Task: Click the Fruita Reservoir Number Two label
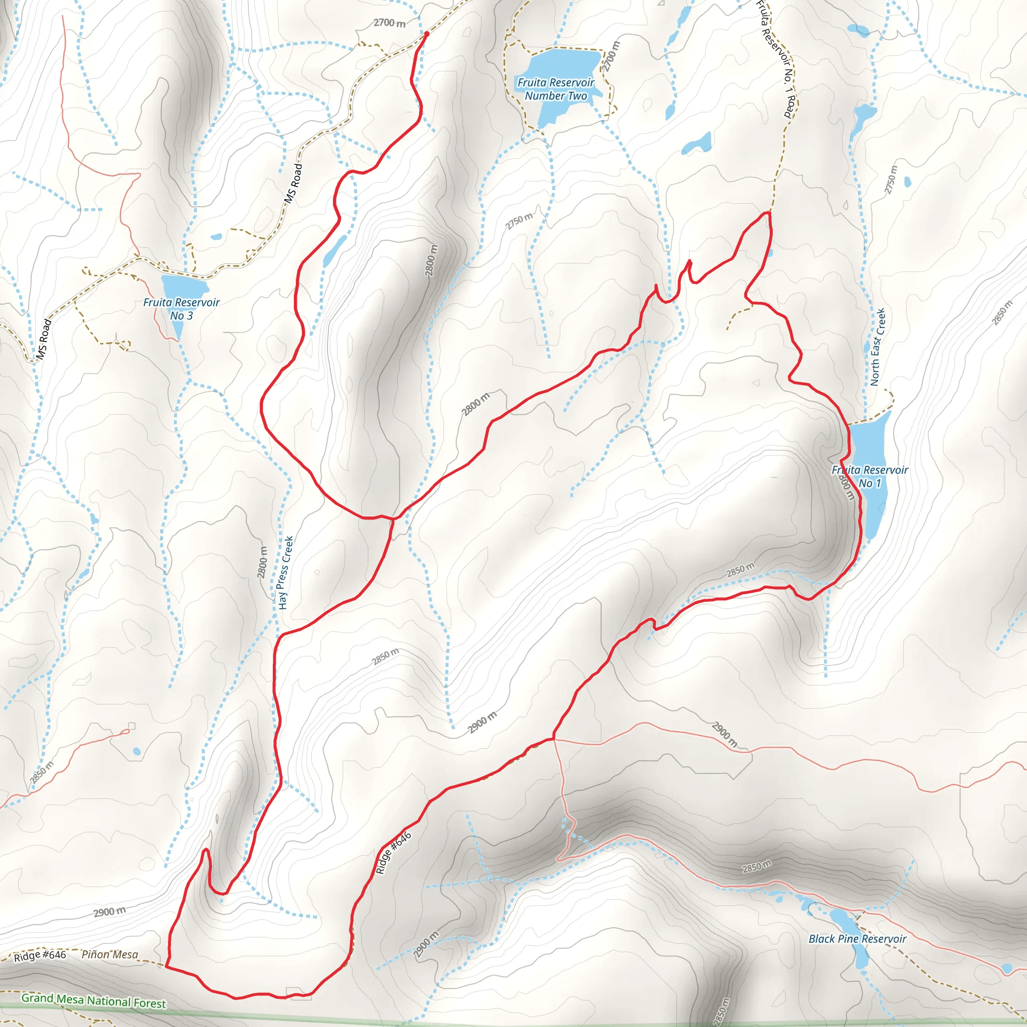click(556, 89)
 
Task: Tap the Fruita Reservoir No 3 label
click(181, 309)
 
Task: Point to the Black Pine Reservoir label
click(857, 939)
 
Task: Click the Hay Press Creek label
click(285, 573)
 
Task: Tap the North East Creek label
click(878, 347)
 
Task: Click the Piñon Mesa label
click(109, 955)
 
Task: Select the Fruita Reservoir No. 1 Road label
click(777, 59)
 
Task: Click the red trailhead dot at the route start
click(426, 34)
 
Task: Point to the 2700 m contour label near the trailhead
click(389, 23)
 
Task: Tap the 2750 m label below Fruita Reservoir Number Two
click(519, 221)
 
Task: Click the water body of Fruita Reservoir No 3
click(184, 287)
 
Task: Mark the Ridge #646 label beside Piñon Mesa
click(40, 955)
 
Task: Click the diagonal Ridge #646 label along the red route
click(393, 853)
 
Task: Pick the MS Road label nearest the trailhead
click(293, 184)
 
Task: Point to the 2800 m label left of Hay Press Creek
click(262, 562)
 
